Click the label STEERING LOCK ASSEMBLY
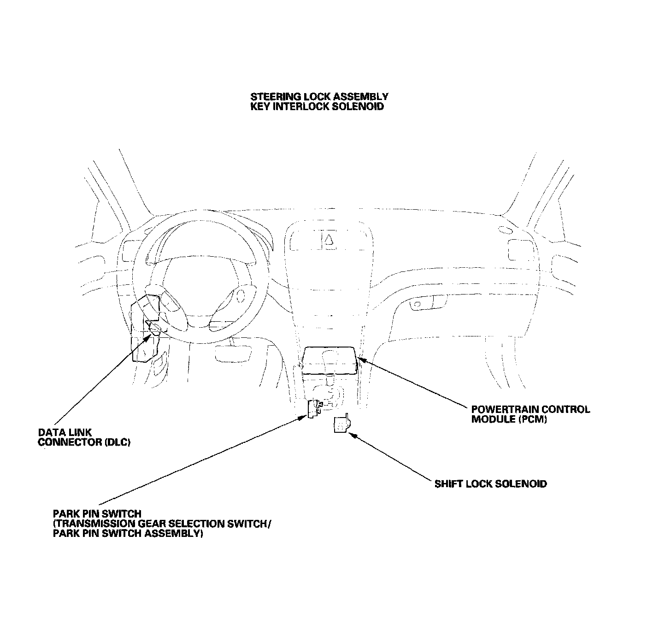[x=319, y=96]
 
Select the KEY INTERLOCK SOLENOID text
[x=317, y=106]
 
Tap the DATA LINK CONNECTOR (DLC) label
[x=84, y=438]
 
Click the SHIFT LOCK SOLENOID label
[x=491, y=484]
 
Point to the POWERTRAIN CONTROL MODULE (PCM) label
[x=530, y=414]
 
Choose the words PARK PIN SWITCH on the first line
[x=97, y=513]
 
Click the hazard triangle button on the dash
[x=329, y=239]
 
